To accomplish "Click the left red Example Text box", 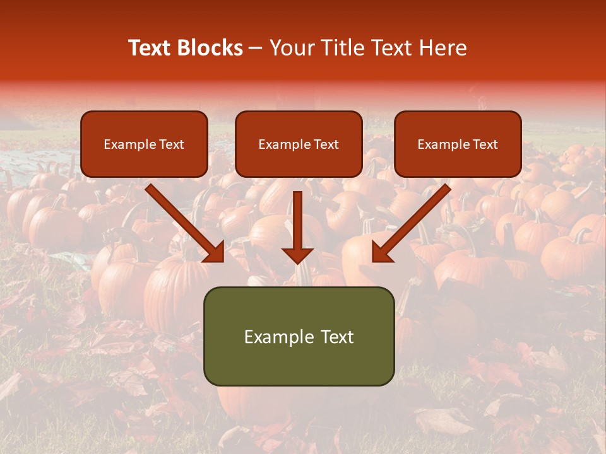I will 144,144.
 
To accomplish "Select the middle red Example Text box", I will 299,144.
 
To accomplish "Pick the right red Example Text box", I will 458,144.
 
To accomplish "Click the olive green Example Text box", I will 299,336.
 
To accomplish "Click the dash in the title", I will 256,48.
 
